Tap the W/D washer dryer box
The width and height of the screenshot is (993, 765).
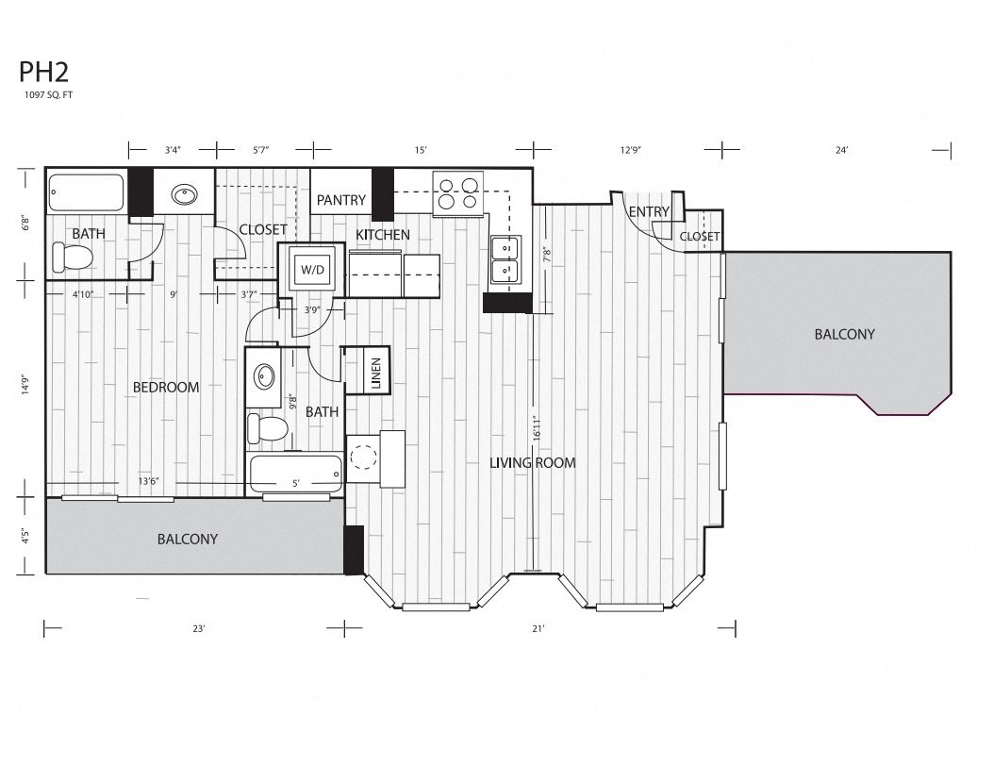click(311, 270)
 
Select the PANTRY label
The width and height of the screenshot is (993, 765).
click(340, 200)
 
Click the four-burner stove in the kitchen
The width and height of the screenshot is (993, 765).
click(457, 192)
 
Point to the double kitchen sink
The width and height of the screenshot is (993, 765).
click(507, 260)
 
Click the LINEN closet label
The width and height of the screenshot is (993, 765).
click(375, 370)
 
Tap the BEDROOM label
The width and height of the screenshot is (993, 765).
click(165, 387)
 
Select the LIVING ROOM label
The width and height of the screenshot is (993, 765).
click(533, 462)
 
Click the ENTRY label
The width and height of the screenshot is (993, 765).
click(649, 211)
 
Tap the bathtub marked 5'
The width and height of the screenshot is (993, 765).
click(294, 473)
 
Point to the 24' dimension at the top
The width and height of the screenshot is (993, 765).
click(841, 150)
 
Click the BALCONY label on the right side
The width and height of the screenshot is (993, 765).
click(844, 334)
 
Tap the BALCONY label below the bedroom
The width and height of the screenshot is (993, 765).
click(187, 540)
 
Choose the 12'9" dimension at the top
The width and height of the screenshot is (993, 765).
click(632, 150)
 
